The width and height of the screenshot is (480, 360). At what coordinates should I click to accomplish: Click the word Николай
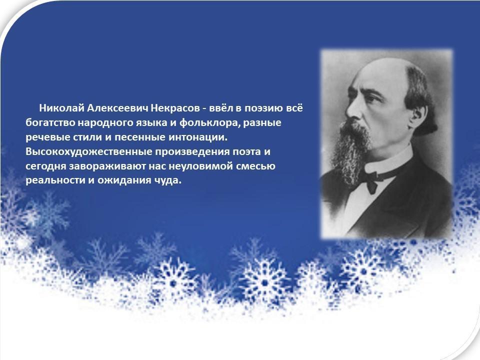click(61, 108)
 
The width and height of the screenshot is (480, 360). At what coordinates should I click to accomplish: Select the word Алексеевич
click(118, 108)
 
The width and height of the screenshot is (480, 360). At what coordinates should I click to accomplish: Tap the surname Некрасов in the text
click(175, 108)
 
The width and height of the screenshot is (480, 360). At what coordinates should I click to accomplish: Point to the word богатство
click(50, 122)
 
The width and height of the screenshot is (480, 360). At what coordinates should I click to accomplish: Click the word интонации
click(198, 137)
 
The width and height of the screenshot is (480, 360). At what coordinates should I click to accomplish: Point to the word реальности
click(55, 180)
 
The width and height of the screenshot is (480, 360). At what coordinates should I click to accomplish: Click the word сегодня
click(45, 166)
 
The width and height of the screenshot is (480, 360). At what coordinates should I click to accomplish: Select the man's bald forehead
click(379, 73)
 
